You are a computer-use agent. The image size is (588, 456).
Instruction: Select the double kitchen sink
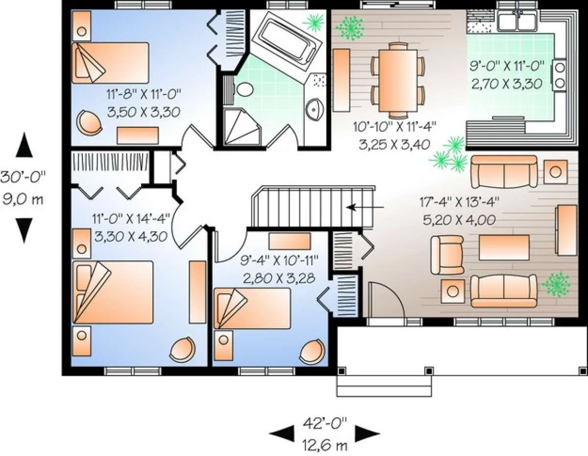tap(517, 22)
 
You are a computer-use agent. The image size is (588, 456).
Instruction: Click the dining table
tap(398, 81)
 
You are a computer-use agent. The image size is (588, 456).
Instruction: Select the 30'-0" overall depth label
tap(23, 177)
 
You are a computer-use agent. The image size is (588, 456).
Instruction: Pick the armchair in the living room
tap(447, 255)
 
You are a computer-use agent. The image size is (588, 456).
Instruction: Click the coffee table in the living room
tap(504, 248)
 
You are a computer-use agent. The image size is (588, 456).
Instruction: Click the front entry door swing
tap(387, 299)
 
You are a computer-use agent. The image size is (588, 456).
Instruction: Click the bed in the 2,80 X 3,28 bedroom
tap(252, 309)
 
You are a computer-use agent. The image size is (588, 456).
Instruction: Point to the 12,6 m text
tap(325, 446)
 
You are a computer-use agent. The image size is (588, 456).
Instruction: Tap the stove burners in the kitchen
tap(559, 74)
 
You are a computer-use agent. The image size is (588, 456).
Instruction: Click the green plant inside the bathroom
tap(314, 22)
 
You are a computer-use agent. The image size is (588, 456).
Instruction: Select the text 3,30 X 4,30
tap(130, 237)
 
